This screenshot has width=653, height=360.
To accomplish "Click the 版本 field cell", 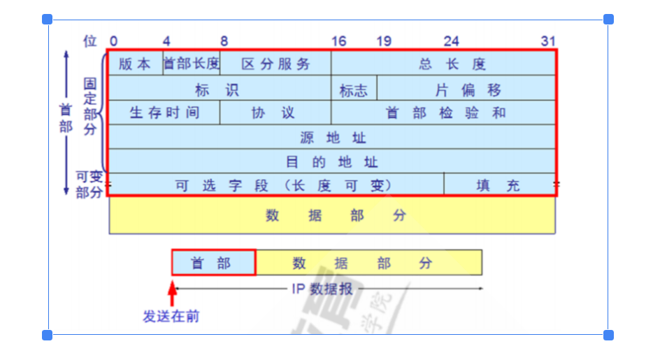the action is tap(135, 64).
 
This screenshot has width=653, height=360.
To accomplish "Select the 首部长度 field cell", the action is tap(192, 64).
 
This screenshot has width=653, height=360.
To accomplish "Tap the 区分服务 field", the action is tap(275, 64).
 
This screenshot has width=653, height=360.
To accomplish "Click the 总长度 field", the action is tap(443, 64).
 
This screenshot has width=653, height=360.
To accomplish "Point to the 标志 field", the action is tap(354, 89).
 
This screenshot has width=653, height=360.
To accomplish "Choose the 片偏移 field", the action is tap(467, 89).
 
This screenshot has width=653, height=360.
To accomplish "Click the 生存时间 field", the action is tap(164, 113).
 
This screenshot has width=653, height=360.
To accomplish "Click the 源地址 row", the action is tap(333, 137).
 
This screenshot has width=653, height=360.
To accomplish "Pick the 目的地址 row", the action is tap(333, 161).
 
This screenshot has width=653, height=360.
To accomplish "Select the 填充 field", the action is tap(499, 185).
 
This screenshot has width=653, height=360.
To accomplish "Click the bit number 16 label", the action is tap(338, 41).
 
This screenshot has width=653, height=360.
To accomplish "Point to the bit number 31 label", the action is tap(548, 41).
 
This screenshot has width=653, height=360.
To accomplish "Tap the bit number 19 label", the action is tap(384, 41).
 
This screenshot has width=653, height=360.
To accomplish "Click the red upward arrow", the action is tap(172, 293).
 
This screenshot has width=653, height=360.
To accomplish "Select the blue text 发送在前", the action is tap(172, 317).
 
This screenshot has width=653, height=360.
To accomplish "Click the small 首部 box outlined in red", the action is tap(213, 262).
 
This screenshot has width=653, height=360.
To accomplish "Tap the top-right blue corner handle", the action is tap(608, 20).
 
